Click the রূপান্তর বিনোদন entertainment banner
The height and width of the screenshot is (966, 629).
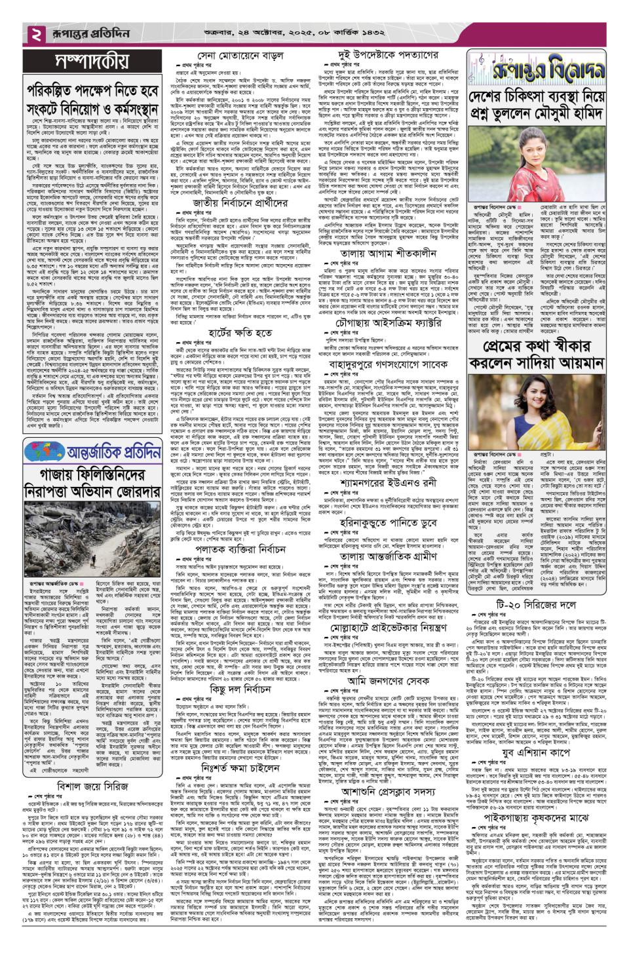536,69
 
